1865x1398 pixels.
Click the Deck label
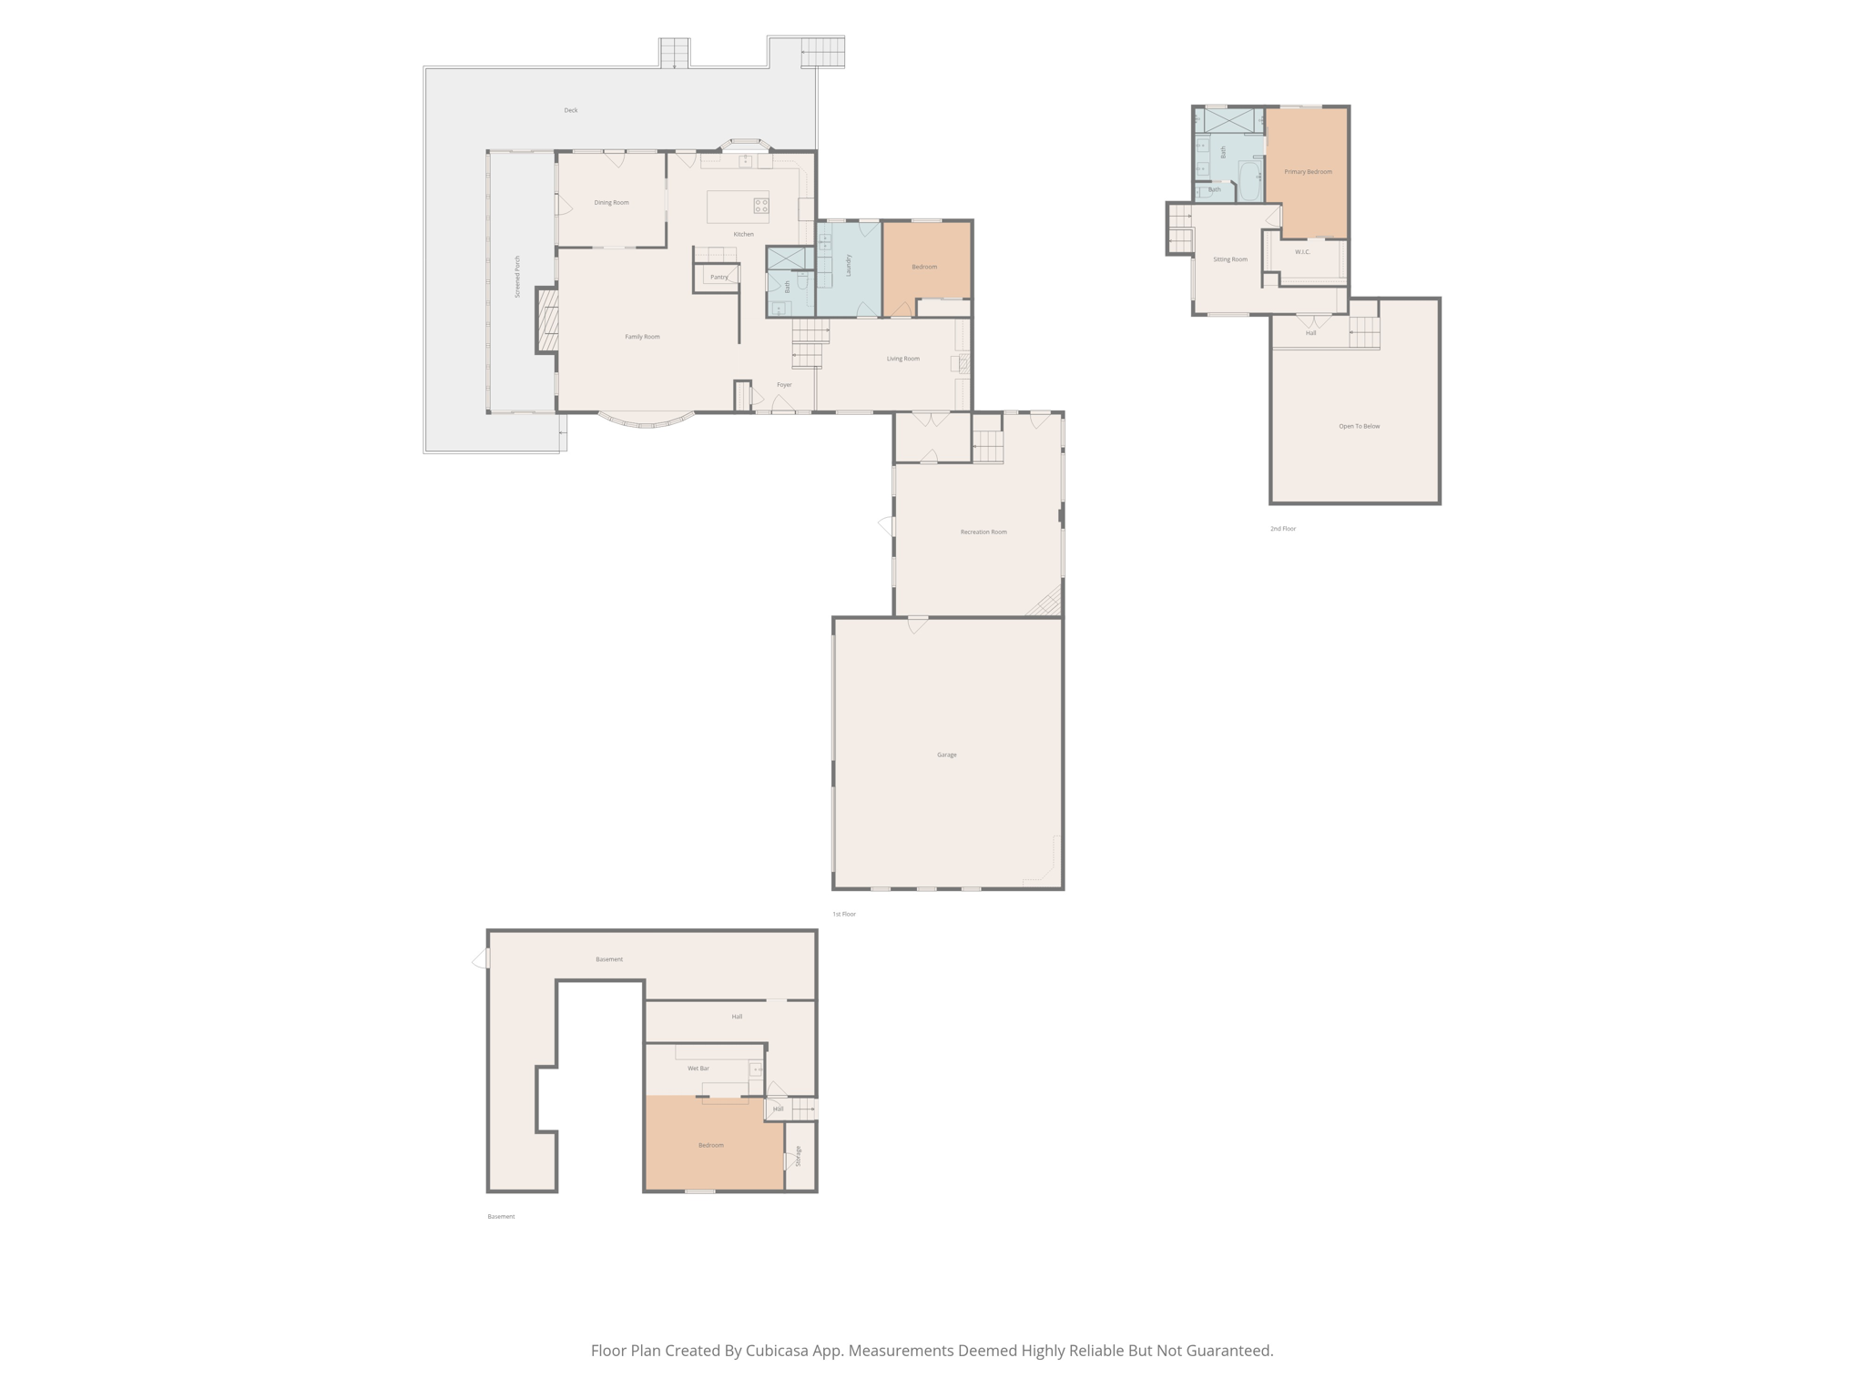point(571,110)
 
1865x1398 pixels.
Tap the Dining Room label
point(611,202)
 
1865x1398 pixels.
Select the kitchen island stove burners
point(760,205)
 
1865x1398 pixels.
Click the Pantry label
point(719,277)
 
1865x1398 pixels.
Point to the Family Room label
point(642,337)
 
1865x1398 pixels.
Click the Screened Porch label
point(517,277)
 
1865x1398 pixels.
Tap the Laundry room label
point(848,266)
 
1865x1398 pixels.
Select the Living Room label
point(903,359)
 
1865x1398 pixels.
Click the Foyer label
point(784,384)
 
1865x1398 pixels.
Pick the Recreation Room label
point(983,532)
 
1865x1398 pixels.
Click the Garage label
point(947,755)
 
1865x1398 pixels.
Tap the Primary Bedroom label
point(1309,171)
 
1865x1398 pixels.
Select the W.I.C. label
point(1302,251)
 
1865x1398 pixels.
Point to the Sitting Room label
point(1230,259)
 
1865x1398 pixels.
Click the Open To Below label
point(1360,426)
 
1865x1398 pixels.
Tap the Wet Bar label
point(698,1068)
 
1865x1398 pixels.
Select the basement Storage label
point(799,1156)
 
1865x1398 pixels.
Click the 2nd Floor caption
point(1283,528)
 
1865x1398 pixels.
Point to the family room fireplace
point(546,319)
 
